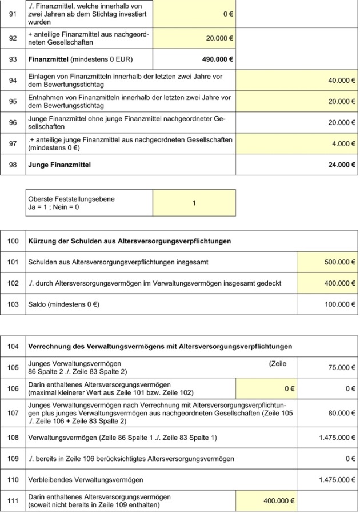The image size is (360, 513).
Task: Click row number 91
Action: pyautogui.click(x=12, y=13)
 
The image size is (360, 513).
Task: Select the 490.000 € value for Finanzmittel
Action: pyautogui.click(x=217, y=58)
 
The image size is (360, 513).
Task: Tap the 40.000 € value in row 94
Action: pyautogui.click(x=341, y=81)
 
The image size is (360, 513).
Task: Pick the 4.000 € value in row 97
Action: pyautogui.click(x=343, y=144)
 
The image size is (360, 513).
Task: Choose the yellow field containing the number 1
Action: pyautogui.click(x=194, y=203)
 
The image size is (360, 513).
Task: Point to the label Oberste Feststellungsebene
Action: pyautogui.click(x=71, y=199)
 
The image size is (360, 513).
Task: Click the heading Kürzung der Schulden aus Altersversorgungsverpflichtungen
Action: pyautogui.click(x=130, y=241)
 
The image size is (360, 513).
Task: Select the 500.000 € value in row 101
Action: pyautogui.click(x=339, y=262)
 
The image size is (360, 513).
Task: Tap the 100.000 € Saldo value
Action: pyautogui.click(x=339, y=304)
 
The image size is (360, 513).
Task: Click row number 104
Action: pyautogui.click(x=12, y=346)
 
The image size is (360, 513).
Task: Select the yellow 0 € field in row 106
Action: pyautogui.click(x=289, y=388)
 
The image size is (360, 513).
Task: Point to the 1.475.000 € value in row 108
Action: pyautogui.click(x=337, y=438)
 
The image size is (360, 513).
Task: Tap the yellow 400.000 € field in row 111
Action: pyautogui.click(x=278, y=501)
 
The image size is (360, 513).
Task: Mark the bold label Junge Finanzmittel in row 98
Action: pyautogui.click(x=59, y=165)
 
